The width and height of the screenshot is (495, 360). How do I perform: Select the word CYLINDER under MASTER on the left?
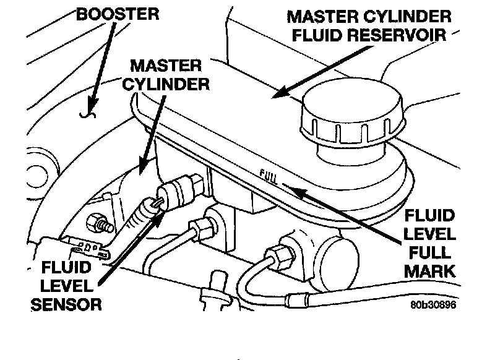[166, 84]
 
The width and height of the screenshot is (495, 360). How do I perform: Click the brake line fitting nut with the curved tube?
[278, 254]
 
